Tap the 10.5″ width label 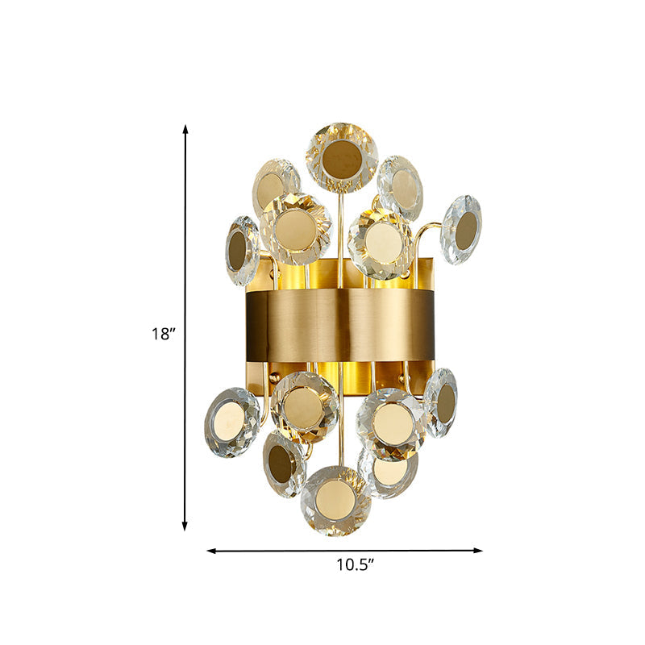[x=355, y=565]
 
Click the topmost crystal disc [x=341, y=157]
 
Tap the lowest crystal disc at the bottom [x=335, y=501]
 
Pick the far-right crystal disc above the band [x=462, y=229]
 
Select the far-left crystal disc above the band [x=242, y=250]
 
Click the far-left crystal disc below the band [x=232, y=422]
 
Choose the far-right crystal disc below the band [x=441, y=402]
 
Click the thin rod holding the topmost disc [x=340, y=234]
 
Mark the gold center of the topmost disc [x=341, y=160]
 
